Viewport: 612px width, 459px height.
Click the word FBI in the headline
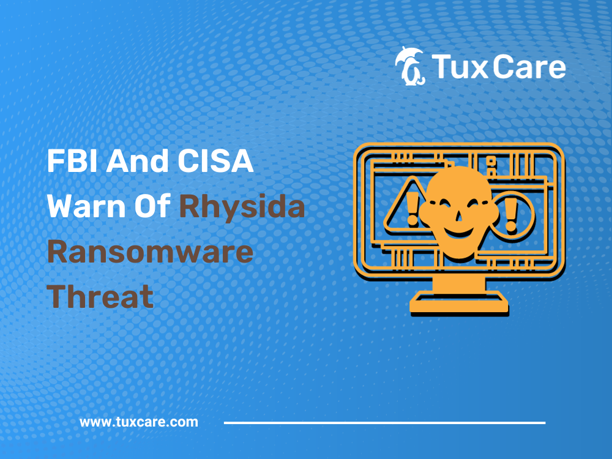coord(72,161)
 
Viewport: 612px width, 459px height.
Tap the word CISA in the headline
coord(215,161)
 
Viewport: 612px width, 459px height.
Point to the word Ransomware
coord(151,252)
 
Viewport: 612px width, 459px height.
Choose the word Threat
coord(100,296)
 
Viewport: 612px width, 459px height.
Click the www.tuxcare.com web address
coord(138,422)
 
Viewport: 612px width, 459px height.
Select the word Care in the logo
coord(529,67)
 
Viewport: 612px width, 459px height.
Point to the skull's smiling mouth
coord(459,232)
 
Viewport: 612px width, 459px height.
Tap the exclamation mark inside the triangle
coord(412,209)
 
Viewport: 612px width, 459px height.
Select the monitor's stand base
coord(459,303)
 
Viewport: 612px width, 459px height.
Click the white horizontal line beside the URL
coord(384,423)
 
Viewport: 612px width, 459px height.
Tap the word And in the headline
coord(137,161)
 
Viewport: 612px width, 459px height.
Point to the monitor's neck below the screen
coord(459,284)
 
